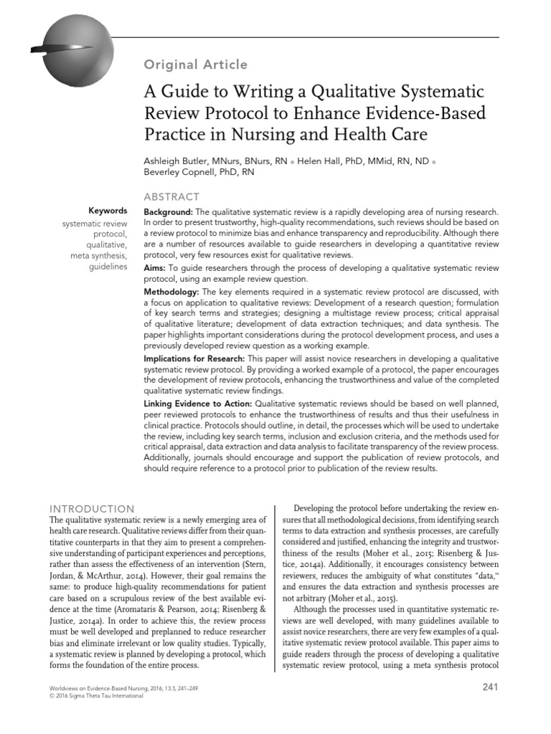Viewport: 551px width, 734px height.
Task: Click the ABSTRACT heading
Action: pyautogui.click(x=172, y=196)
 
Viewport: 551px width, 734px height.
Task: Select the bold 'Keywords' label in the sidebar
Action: pyautogui.click(x=108, y=211)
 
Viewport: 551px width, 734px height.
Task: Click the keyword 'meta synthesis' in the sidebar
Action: pyautogui.click(x=99, y=256)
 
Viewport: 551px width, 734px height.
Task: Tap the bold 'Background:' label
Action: pyautogui.click(x=168, y=213)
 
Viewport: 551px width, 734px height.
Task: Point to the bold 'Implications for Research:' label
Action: pyautogui.click(x=194, y=358)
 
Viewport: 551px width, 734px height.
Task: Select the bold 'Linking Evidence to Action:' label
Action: pyautogui.click(x=197, y=404)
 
